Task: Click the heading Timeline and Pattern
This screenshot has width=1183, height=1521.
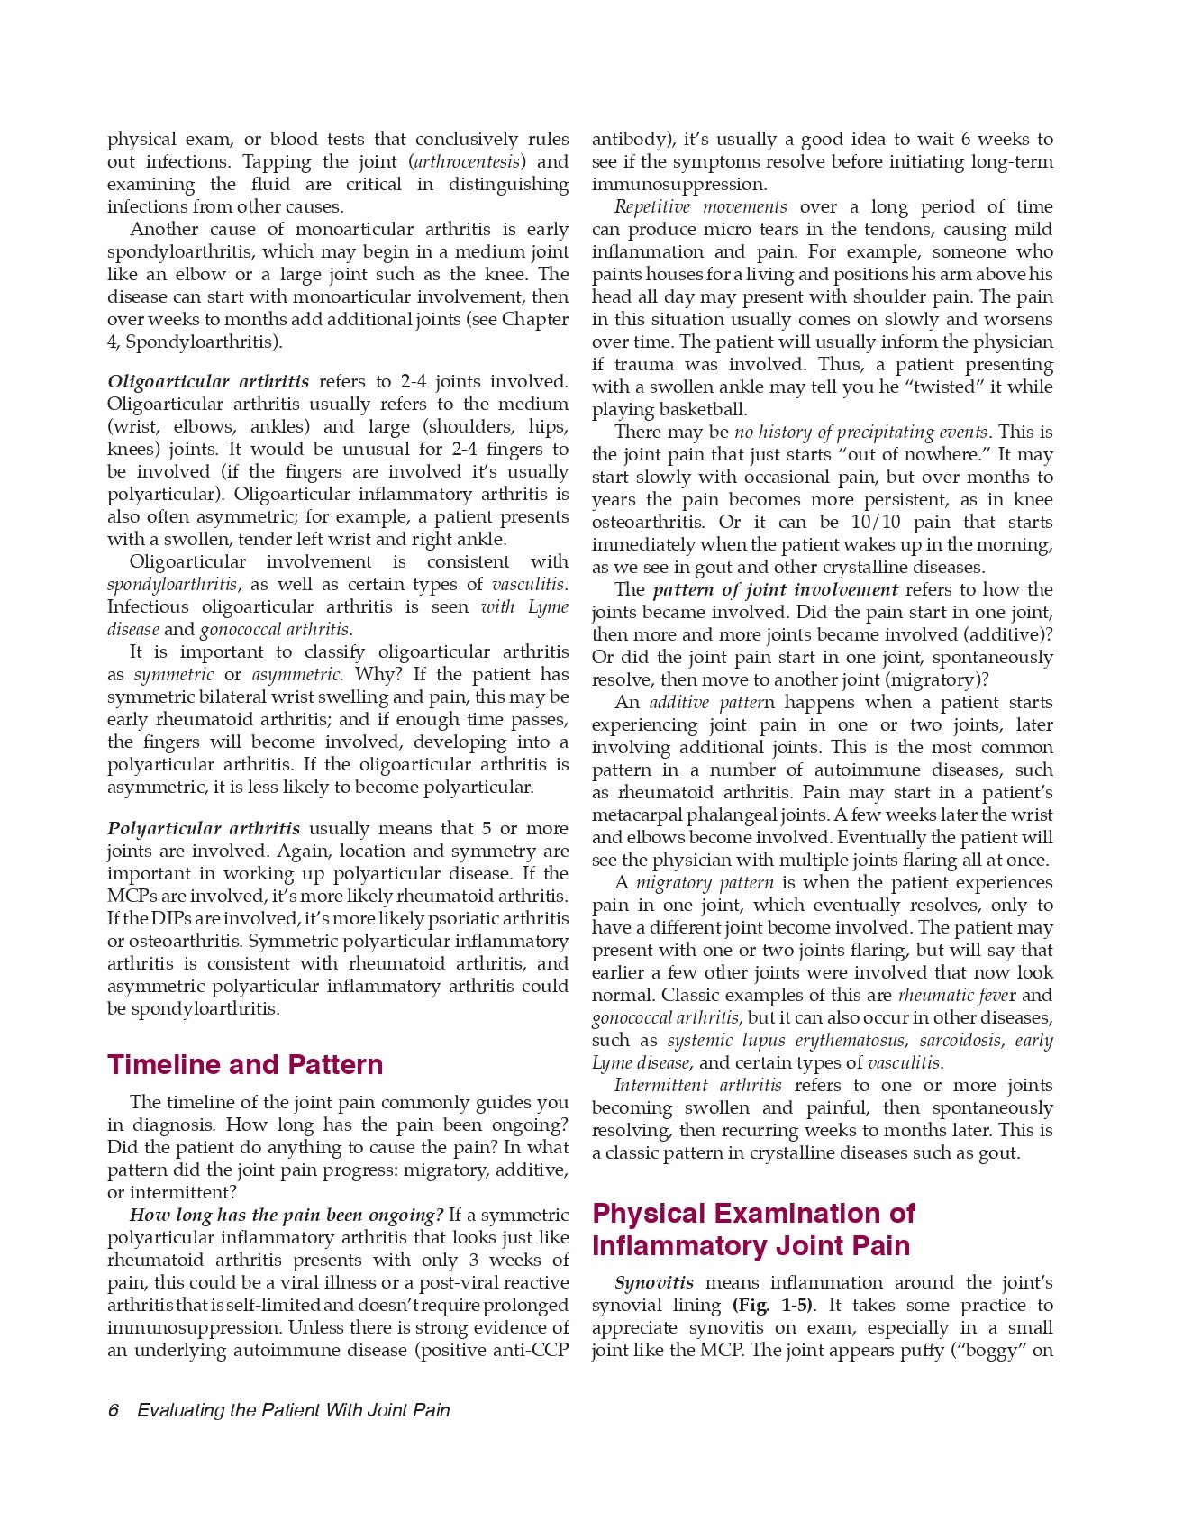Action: click(x=245, y=1064)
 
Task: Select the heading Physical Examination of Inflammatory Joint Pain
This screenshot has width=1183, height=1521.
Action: click(x=752, y=1230)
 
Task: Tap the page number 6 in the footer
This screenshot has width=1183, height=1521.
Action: click(x=114, y=1410)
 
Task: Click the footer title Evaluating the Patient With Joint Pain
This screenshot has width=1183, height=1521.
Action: click(x=294, y=1410)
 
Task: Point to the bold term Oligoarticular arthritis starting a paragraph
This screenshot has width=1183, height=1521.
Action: click(x=208, y=382)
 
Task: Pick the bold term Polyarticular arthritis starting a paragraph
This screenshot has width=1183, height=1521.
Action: click(x=204, y=828)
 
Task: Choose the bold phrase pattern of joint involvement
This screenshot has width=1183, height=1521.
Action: click(x=775, y=590)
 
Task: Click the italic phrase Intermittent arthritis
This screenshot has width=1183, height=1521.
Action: click(x=698, y=1086)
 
